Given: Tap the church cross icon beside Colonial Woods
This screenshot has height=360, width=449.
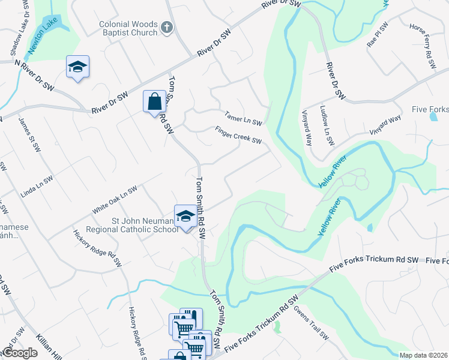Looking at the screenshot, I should click(x=167, y=27).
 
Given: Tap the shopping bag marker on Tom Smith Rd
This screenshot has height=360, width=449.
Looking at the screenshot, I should click(x=154, y=101).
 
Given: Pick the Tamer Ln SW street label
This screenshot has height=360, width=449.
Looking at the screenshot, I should click(x=243, y=118).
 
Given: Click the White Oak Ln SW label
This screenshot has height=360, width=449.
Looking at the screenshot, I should click(x=115, y=200).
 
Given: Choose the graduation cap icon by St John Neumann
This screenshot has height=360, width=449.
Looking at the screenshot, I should click(x=185, y=215).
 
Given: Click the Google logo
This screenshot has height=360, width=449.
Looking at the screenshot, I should click(x=20, y=353).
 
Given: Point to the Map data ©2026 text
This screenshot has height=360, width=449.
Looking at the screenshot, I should click(x=424, y=355).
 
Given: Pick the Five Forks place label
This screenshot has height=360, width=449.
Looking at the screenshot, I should click(x=430, y=109).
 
